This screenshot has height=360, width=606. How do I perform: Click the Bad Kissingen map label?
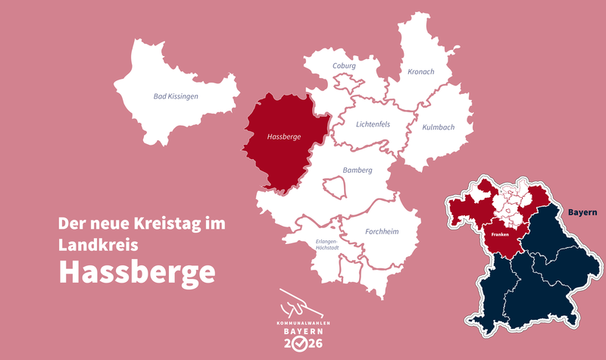point(175,96)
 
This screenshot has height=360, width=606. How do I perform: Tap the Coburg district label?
point(345,66)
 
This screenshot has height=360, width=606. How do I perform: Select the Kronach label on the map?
point(420,71)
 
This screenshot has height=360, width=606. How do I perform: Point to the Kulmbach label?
point(438,127)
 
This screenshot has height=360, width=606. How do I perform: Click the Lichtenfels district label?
point(373,124)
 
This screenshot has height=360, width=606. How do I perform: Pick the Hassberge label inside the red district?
point(285,138)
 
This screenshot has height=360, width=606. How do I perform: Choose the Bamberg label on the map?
point(357,171)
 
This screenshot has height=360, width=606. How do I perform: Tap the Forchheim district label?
point(381,232)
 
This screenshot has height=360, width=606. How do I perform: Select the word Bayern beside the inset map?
point(583,212)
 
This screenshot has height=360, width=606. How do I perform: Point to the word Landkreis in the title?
point(98,245)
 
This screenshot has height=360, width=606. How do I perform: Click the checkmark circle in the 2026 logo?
point(302,344)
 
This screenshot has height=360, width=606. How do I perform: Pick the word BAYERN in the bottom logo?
point(302,332)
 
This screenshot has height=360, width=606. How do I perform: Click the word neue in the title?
point(112,224)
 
